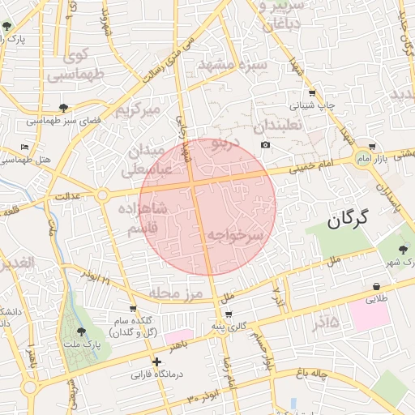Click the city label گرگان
[348, 218]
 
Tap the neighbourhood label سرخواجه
[236, 235]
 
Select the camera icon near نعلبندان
[265, 145]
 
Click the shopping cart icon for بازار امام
[372, 147]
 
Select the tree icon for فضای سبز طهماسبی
[64, 108]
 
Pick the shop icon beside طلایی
[378, 286]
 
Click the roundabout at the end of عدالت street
[102, 195]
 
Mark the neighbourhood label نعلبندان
[277, 127]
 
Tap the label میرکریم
[139, 108]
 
